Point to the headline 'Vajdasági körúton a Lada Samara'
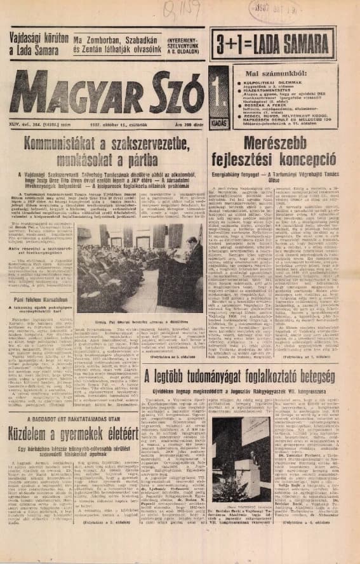click(x=37, y=44)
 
